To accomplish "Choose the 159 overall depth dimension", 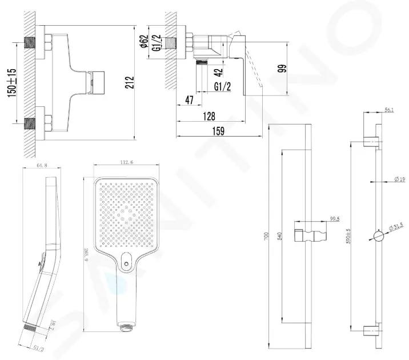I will click(x=218, y=131).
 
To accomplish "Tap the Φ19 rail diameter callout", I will click(x=400, y=180).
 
